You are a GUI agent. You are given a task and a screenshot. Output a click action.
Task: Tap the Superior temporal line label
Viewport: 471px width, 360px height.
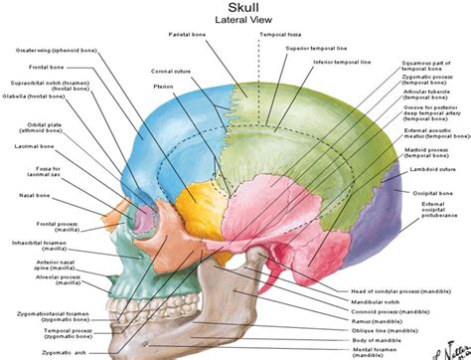click(x=332, y=49)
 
